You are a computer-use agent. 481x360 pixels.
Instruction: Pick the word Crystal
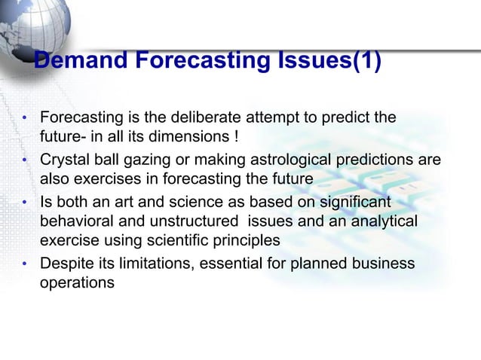[x=64, y=160]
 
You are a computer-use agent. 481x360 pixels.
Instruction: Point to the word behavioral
[x=75, y=222]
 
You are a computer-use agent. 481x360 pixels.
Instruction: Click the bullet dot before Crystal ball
[x=25, y=160]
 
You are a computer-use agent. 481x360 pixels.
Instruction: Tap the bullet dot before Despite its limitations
[x=25, y=264]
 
